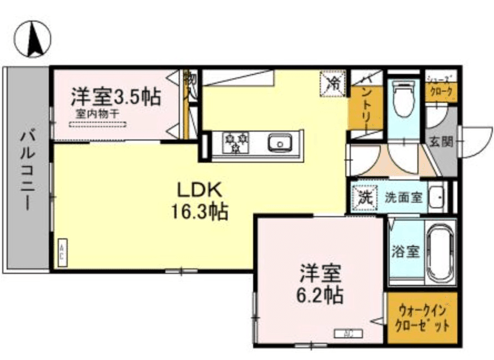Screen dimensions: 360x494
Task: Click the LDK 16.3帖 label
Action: pos(199,200)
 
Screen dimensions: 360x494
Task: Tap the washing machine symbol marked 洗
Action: pos(364,197)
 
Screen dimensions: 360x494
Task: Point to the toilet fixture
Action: pos(403,99)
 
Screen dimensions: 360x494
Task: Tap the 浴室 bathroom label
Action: pos(406,252)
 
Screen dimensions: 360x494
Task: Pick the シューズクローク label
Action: pos(441,86)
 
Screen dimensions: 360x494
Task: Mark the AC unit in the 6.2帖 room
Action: pos(348,333)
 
